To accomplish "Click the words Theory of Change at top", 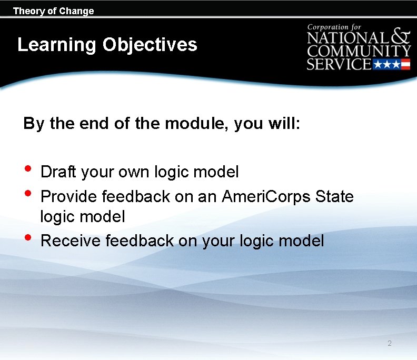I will coord(53,11).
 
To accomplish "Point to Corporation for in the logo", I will coord(335,27).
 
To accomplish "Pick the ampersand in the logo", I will coord(401,36).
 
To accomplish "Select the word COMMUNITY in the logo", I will coord(359,52).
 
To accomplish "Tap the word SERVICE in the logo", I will coord(339,64).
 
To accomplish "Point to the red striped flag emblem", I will coord(405,65).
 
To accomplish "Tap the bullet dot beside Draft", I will coord(28,169).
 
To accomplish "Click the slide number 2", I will coord(389,344).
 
